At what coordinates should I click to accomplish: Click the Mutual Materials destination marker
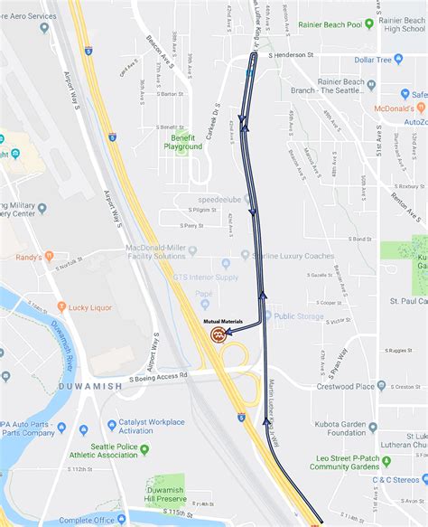tap(219, 334)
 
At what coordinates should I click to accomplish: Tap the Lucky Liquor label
tap(89, 307)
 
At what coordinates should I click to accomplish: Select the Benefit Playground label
tap(182, 141)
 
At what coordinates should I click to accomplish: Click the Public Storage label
tap(300, 315)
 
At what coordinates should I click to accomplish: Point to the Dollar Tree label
tap(378, 60)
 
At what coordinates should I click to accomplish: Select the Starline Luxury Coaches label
tap(294, 257)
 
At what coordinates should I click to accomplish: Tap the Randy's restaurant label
tap(29, 257)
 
